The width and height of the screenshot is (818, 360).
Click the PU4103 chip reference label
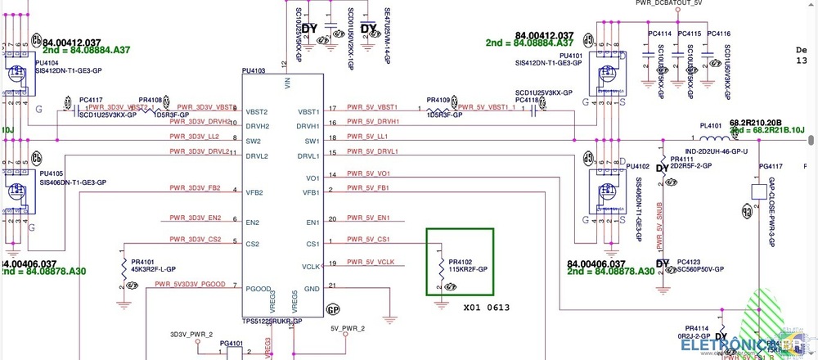pyautogui.click(x=254, y=71)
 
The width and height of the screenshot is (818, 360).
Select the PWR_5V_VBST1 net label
pyautogui.click(x=371, y=107)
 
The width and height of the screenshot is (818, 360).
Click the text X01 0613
pyautogui.click(x=488, y=309)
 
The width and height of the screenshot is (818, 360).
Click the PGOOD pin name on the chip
pyautogui.click(x=258, y=289)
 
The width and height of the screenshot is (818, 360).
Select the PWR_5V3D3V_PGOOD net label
pyautogui.click(x=190, y=284)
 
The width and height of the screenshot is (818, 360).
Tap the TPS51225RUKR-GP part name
pyautogui.click(x=272, y=322)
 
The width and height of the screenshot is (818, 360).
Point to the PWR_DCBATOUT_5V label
pyautogui.click(x=668, y=3)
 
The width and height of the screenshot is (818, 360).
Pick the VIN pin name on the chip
pyautogui.click(x=287, y=83)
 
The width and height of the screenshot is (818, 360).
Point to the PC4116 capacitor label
pyautogui.click(x=718, y=34)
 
